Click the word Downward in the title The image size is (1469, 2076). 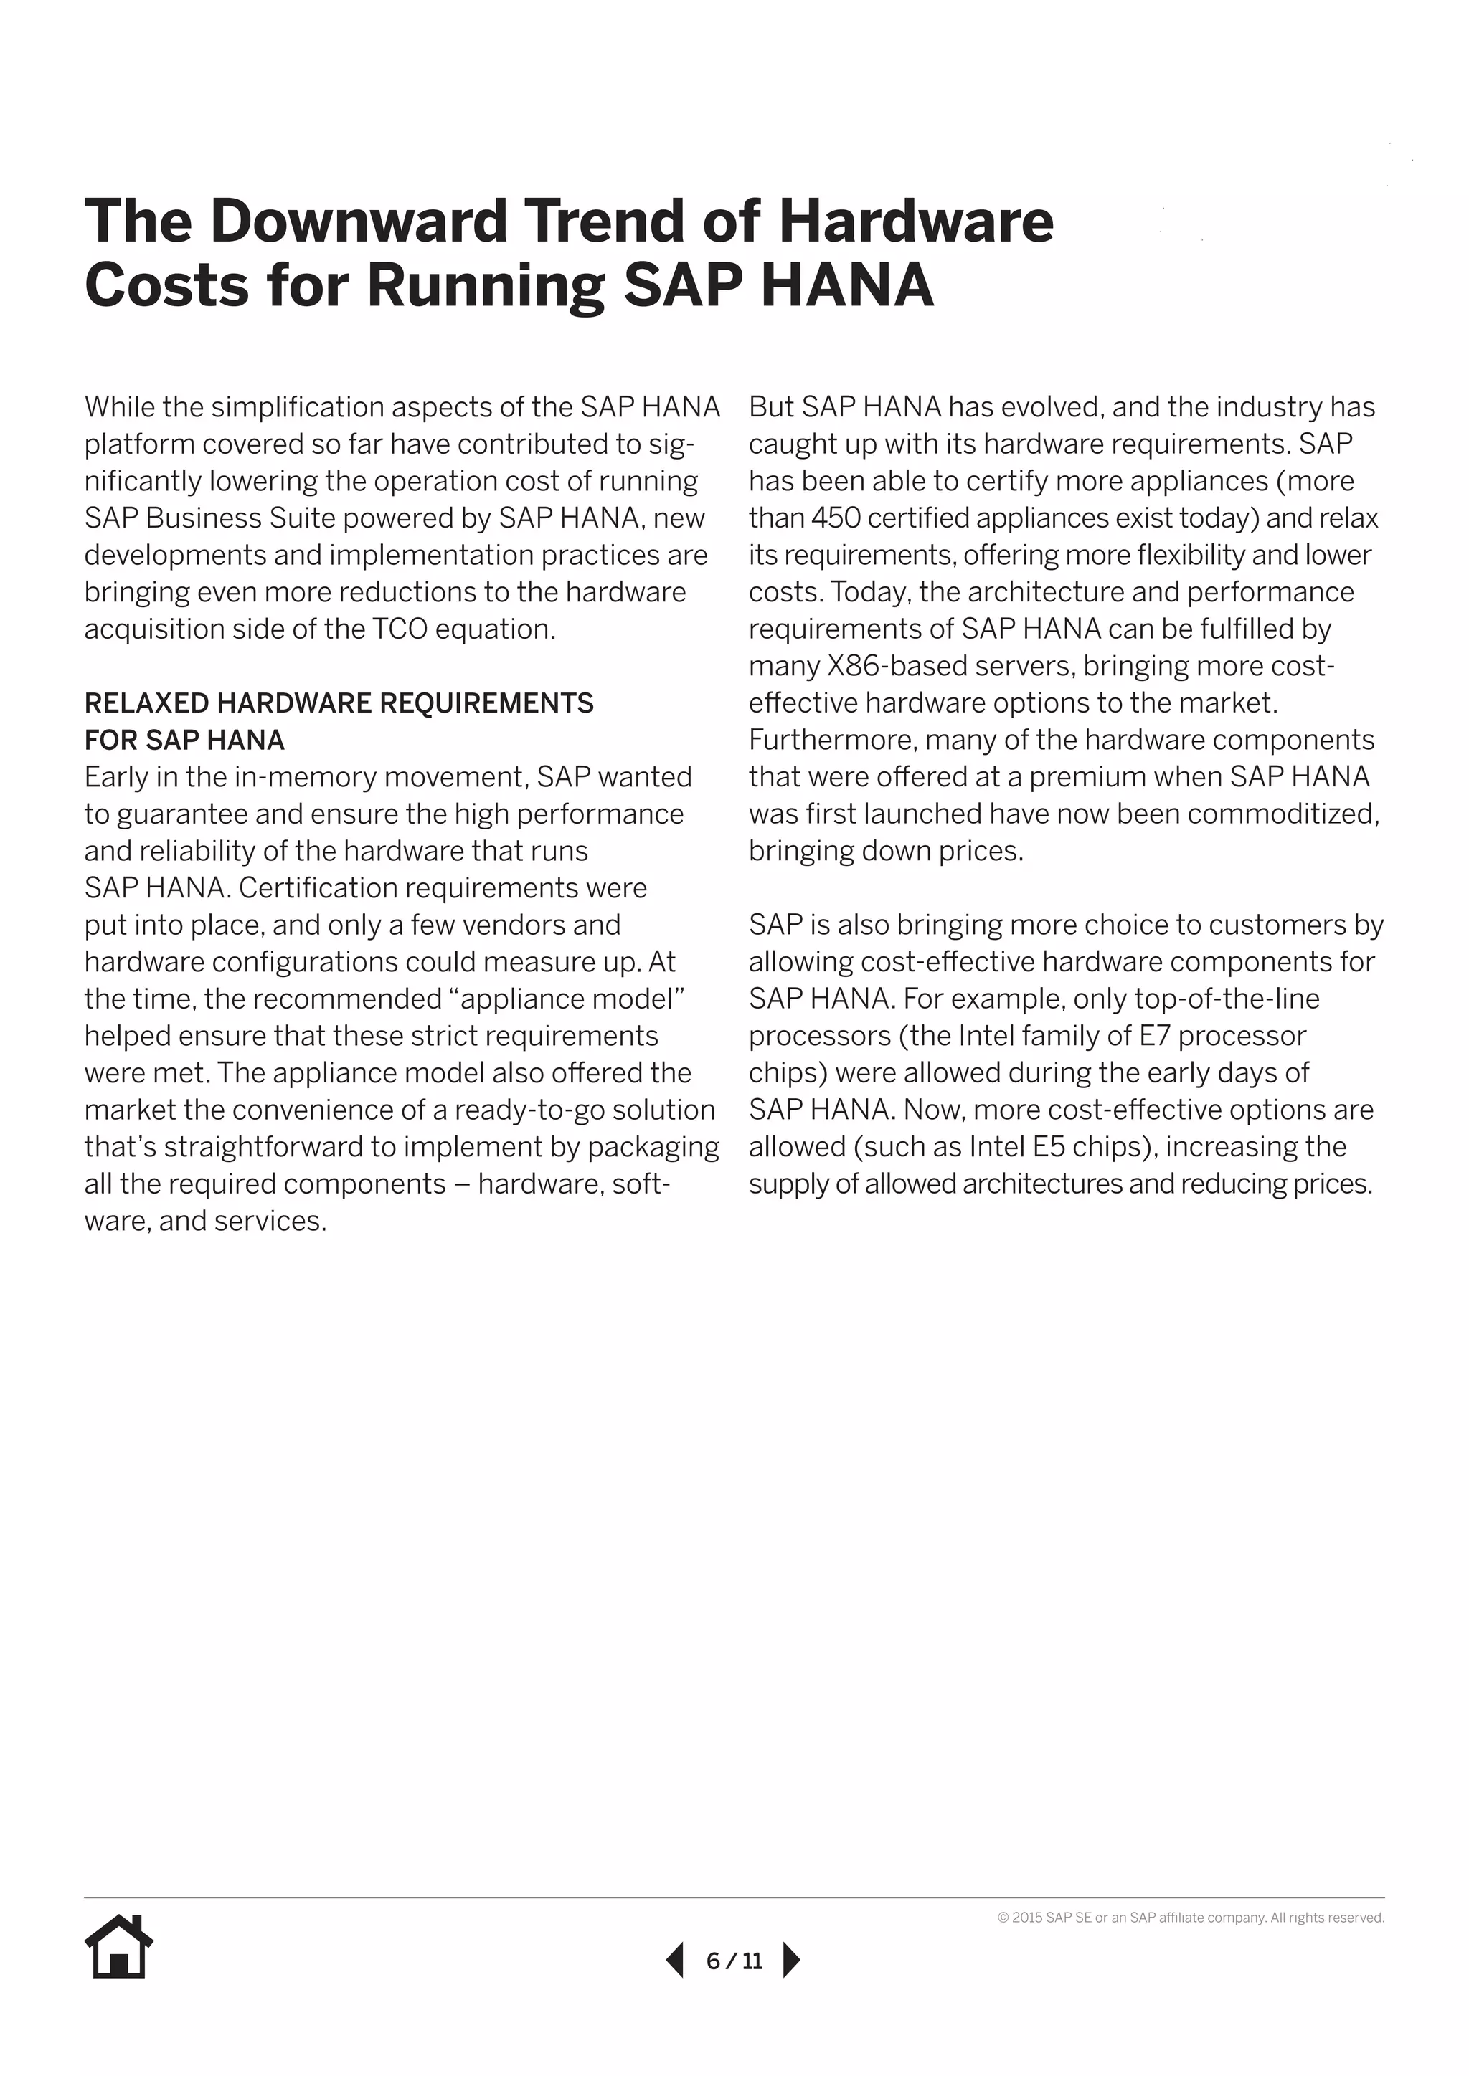tap(358, 221)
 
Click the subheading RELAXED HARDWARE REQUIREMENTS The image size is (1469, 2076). tap(339, 703)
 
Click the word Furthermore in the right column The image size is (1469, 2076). tap(832, 741)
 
